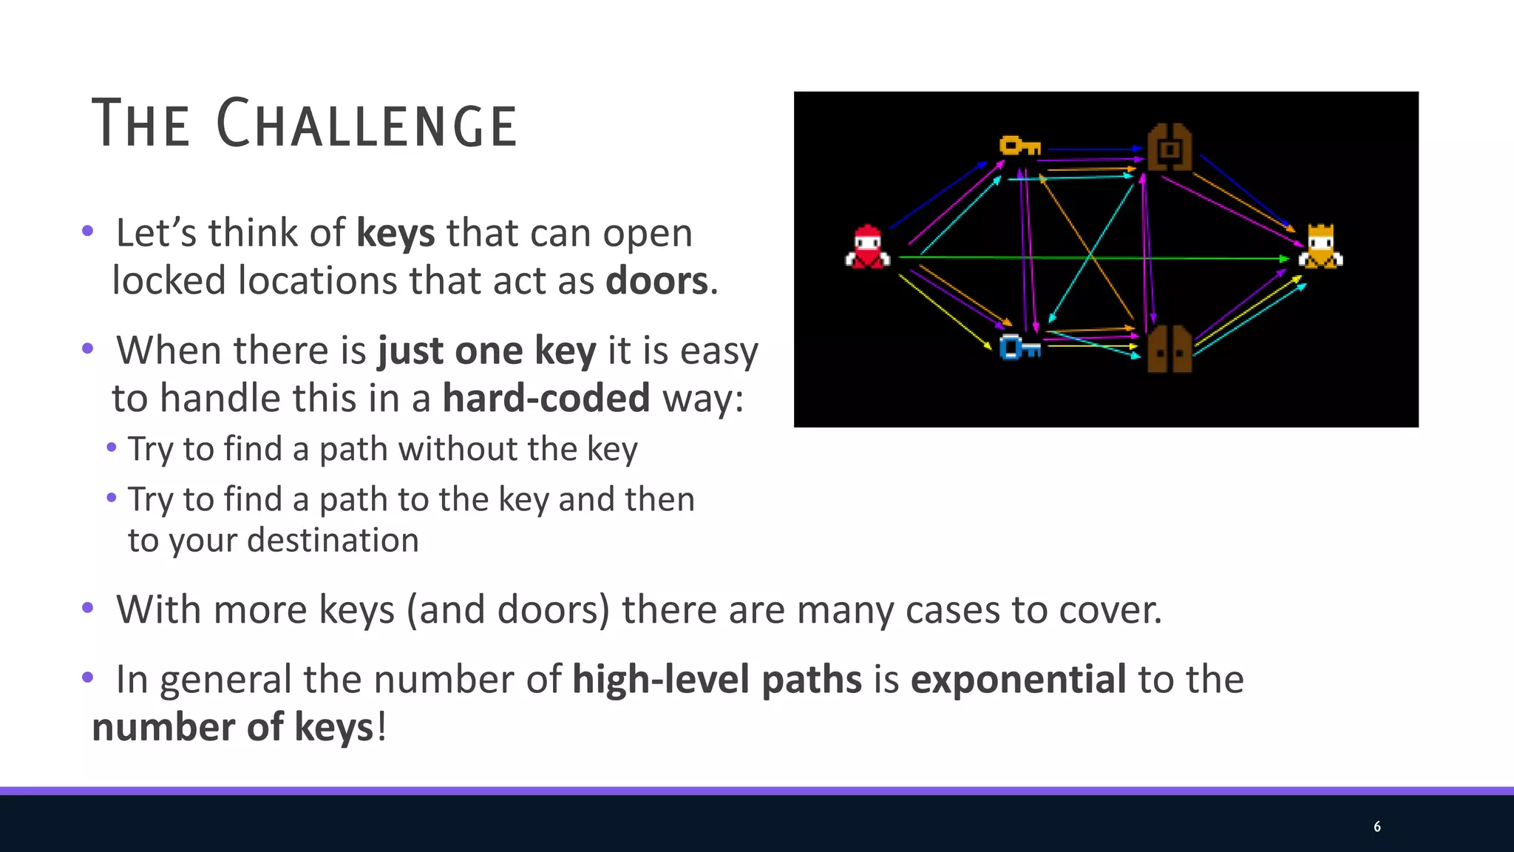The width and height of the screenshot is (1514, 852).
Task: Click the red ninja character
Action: [x=867, y=247]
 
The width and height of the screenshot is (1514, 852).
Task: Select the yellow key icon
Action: [x=1019, y=146]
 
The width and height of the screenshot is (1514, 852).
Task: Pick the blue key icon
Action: [x=1019, y=347]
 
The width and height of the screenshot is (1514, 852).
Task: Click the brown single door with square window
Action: [x=1170, y=147]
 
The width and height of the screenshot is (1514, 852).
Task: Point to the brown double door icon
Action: [x=1170, y=349]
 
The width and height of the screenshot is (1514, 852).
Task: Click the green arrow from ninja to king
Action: [x=1094, y=258]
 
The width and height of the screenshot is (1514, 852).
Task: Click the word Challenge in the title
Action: [x=367, y=124]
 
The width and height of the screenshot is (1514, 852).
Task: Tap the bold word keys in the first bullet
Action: [x=396, y=233]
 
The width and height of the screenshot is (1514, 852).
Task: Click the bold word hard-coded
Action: [x=546, y=398]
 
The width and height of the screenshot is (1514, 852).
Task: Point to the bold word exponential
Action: [x=1018, y=679]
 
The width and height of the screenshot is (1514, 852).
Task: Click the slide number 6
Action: [x=1376, y=826]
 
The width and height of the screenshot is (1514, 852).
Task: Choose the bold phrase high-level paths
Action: [x=716, y=679]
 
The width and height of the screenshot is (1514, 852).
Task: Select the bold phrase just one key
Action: [x=486, y=351]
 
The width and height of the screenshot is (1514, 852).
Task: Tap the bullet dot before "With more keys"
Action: [x=88, y=609]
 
